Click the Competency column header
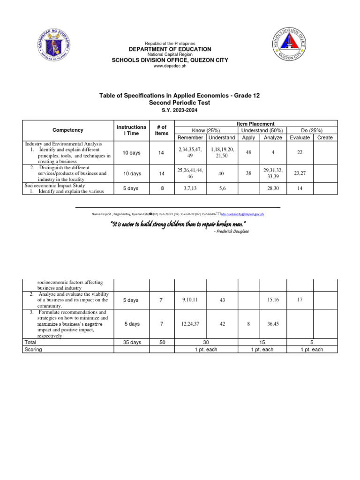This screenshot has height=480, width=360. pyautogui.click(x=68, y=130)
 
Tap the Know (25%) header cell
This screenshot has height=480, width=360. pyautogui.click(x=206, y=130)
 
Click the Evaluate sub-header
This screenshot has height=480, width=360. pyautogui.click(x=300, y=137)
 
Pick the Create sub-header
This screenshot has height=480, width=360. pyautogui.click(x=325, y=137)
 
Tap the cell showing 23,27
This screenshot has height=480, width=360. pyautogui.click(x=300, y=173)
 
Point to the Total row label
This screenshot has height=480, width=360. pyautogui.click(x=30, y=343)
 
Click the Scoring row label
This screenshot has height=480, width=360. pyautogui.click(x=33, y=350)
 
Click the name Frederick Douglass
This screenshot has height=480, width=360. pyautogui.click(x=231, y=232)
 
